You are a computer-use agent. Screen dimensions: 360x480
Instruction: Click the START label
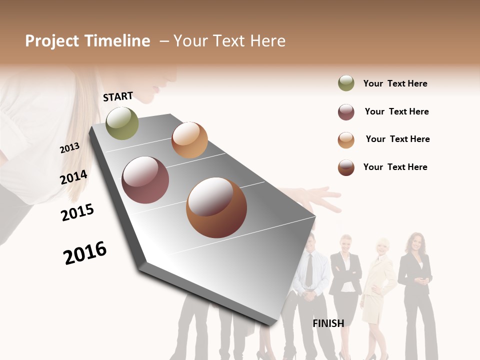pyautogui.click(x=118, y=96)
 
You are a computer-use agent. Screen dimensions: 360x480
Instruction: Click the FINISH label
pyautogui.click(x=328, y=323)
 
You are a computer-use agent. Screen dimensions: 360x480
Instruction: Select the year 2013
pyautogui.click(x=69, y=148)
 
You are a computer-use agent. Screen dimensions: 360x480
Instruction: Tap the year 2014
pyautogui.click(x=73, y=177)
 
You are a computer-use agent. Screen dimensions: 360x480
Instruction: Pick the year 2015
pyautogui.click(x=77, y=212)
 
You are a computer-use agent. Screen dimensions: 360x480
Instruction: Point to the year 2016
pyautogui.click(x=85, y=252)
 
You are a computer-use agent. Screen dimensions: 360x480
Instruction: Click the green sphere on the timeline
pyautogui.click(x=122, y=123)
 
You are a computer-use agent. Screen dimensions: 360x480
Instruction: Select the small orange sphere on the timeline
pyautogui.click(x=189, y=140)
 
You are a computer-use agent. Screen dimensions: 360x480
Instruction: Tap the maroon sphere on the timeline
pyautogui.click(x=145, y=180)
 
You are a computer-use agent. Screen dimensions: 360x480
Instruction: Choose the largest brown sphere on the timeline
pyautogui.click(x=216, y=207)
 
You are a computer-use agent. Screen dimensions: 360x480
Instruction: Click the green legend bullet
pyautogui.click(x=346, y=83)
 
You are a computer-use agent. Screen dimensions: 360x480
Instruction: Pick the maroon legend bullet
pyautogui.click(x=346, y=112)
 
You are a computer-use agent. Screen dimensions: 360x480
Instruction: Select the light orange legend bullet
pyautogui.click(x=346, y=140)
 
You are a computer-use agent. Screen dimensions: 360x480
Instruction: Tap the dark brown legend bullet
pyautogui.click(x=346, y=167)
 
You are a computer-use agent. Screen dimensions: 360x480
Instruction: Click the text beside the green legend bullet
pyautogui.click(x=395, y=83)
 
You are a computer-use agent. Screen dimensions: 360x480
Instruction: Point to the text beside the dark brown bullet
pyautogui.click(x=395, y=167)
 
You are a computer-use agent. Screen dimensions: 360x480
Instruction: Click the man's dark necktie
pyautogui.click(x=309, y=270)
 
